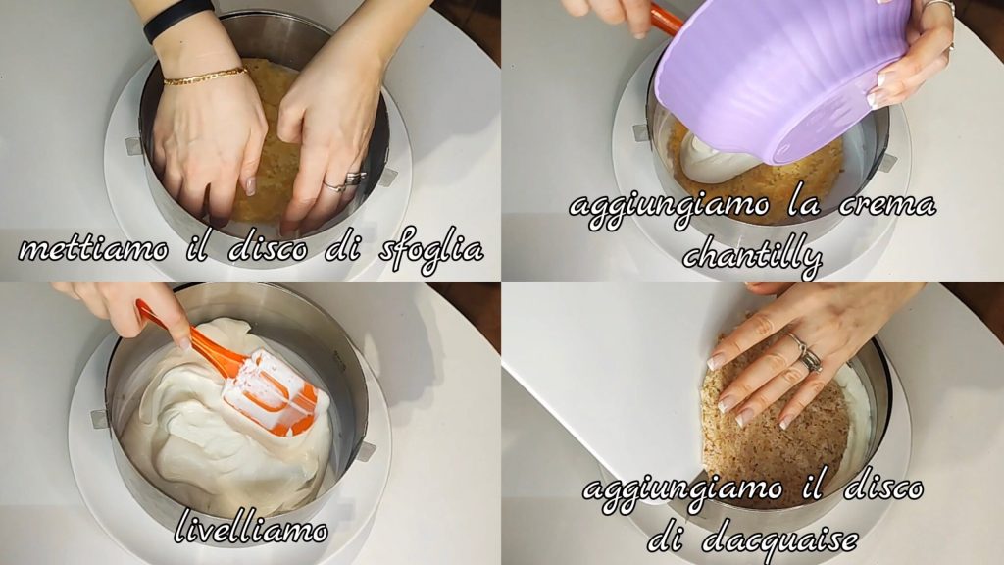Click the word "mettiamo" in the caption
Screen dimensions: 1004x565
[94, 248]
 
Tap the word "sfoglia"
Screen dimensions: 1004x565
[430, 250]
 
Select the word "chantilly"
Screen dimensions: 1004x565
[751, 255]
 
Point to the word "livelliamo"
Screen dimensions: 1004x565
[252, 528]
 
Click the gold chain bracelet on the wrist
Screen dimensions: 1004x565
[206, 77]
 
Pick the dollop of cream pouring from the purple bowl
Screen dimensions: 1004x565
[711, 157]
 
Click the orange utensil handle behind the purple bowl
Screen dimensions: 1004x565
[667, 20]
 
